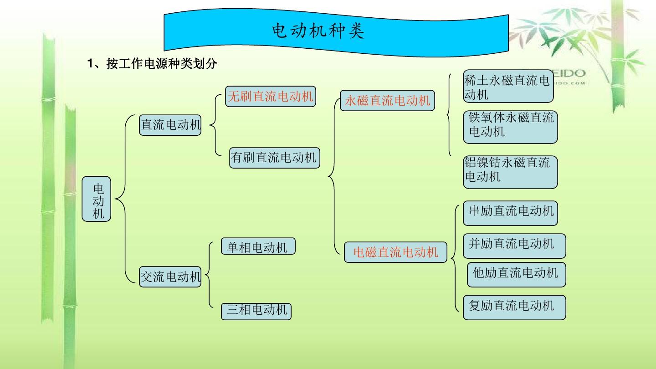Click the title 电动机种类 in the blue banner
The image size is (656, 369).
pos(318,31)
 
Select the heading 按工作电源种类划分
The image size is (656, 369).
pos(153,64)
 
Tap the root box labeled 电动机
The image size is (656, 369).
pos(97,200)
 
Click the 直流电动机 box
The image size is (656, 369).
pos(170,125)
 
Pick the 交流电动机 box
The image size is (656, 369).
pos(170,276)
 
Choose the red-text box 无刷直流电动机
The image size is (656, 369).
pos(271,97)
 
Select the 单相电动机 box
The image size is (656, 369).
pos(258,247)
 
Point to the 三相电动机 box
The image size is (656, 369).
pos(257,311)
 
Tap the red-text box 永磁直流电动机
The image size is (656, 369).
pos(387,100)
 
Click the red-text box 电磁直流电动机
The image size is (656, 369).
pos(395,252)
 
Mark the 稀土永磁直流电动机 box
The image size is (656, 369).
pos(508,87)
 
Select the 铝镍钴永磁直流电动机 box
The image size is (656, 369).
pos(510,171)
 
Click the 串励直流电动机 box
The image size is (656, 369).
pos(511,212)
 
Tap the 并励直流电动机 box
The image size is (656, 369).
pos(514,246)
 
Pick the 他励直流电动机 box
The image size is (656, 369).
pos(516,274)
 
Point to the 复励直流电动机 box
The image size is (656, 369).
pos(514,307)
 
